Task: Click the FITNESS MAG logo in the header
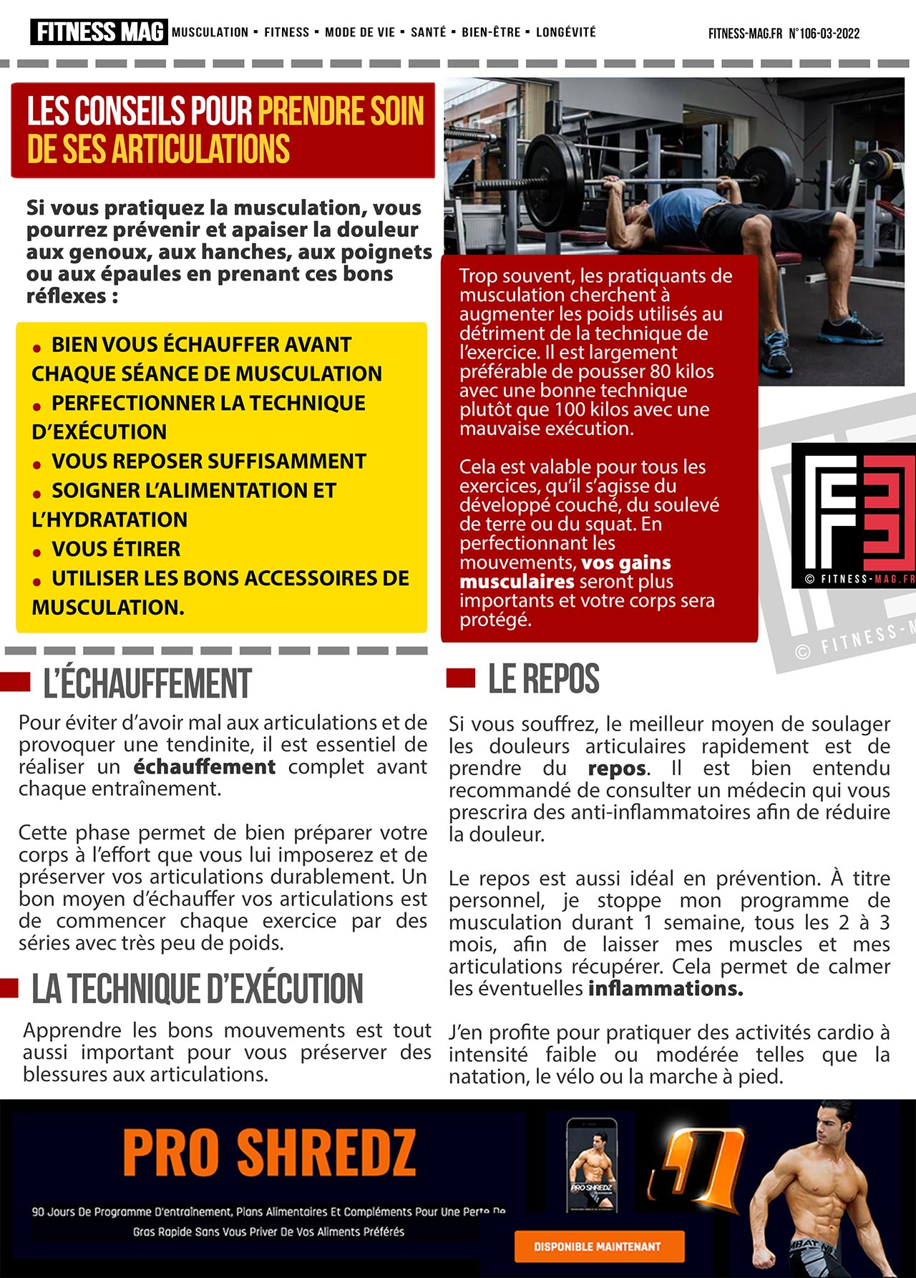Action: point(99,32)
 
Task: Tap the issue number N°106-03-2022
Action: point(824,34)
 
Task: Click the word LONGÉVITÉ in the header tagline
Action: point(565,32)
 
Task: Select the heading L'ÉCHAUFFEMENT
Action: point(147,684)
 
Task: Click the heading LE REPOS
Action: point(543,679)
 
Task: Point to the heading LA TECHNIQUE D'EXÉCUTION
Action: point(198,989)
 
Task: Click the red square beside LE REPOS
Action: point(460,678)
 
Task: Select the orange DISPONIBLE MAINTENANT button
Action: point(599,1247)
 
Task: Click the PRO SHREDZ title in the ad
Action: point(269,1153)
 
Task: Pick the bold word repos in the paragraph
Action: point(616,769)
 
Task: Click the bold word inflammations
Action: point(666,989)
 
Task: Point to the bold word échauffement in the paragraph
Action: point(204,767)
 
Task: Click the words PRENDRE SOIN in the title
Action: point(341,112)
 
